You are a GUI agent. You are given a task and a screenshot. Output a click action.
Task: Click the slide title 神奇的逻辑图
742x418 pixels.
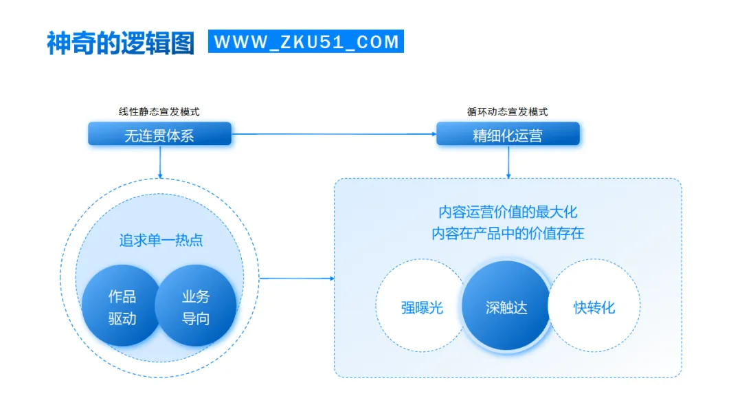pos(120,42)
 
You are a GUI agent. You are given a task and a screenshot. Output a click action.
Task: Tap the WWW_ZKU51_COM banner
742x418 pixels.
pos(306,42)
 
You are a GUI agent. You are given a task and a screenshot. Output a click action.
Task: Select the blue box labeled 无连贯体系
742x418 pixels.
pos(159,135)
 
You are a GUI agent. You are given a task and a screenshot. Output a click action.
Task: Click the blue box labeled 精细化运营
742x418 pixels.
pos(508,135)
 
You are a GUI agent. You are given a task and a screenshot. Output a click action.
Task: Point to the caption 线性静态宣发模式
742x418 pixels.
pos(159,112)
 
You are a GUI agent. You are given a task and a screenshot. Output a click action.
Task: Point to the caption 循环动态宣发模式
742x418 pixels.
pos(508,112)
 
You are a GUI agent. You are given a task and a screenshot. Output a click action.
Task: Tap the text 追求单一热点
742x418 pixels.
pos(161,241)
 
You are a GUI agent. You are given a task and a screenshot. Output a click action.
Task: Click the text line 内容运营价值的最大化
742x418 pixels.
pos(508,212)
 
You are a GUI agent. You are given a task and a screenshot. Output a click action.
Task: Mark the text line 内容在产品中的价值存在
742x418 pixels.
pos(508,233)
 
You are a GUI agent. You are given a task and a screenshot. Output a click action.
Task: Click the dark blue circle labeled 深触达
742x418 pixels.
pos(506,307)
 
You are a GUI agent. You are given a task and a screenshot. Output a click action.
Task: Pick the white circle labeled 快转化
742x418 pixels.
pos(595,307)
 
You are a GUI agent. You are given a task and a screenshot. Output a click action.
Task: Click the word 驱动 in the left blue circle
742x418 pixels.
pos(122,319)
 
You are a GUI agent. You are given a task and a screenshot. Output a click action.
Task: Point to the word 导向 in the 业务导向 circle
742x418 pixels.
pos(196,319)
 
